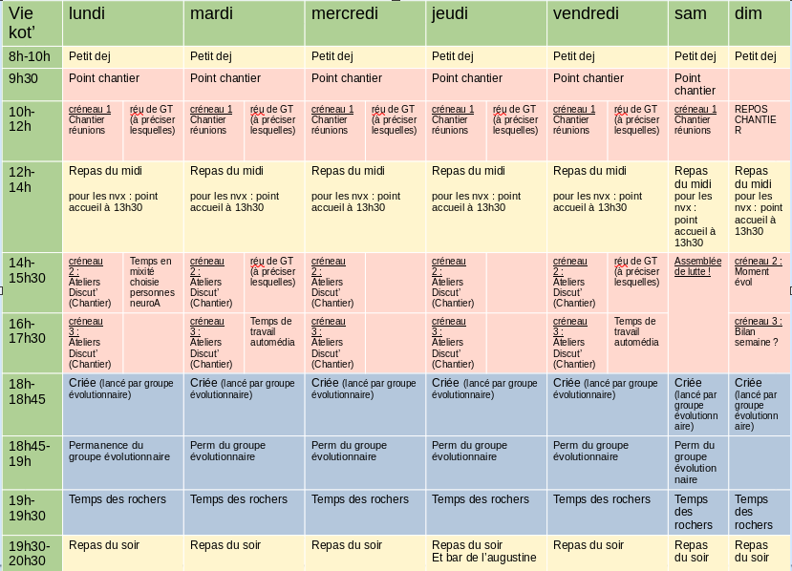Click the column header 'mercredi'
pos(345,13)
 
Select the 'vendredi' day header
pos(586,13)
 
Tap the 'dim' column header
pos(748,13)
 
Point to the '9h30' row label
pos(23,79)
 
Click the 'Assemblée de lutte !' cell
pos(697,265)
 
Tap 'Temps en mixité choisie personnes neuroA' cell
pos(151,283)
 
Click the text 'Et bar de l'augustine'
pos(484,558)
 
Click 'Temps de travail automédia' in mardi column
pos(272,331)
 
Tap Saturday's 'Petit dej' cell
pos(695,56)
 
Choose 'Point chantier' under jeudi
pos(467,78)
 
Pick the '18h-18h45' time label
pos(27,391)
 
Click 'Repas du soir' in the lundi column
pos(104,545)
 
